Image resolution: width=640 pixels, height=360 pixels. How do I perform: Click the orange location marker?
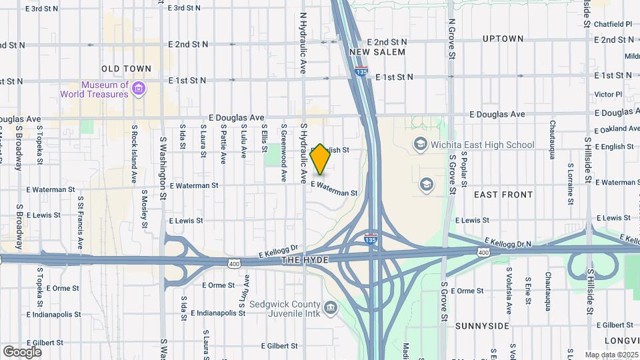click(x=321, y=159)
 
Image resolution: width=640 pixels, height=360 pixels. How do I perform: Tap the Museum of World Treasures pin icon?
click(x=139, y=89)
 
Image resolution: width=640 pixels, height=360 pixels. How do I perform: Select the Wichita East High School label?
click(x=483, y=145)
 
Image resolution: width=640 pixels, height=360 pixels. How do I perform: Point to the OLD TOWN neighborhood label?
click(x=127, y=69)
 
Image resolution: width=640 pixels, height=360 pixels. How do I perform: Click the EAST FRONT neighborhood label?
click(x=503, y=195)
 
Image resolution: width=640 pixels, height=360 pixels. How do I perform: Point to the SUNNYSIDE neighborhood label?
click(x=482, y=326)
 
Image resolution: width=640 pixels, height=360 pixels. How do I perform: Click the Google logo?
click(x=22, y=351)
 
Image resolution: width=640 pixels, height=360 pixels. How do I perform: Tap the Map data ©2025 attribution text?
click(x=612, y=355)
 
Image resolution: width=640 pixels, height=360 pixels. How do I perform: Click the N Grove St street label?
click(x=451, y=41)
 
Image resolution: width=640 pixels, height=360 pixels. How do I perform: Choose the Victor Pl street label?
click(x=607, y=95)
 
